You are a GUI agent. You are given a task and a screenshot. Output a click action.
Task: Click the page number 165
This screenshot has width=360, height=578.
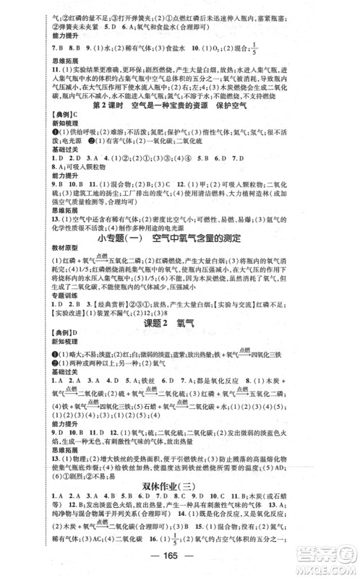pos(179,566)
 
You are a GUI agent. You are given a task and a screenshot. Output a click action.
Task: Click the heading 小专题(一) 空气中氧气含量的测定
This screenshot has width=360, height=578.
pos(179,237)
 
